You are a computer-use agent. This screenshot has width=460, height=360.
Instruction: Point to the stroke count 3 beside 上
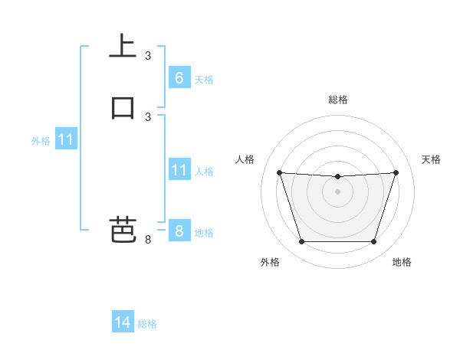tap(148, 56)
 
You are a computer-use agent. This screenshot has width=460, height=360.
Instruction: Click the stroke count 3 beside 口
tap(148, 116)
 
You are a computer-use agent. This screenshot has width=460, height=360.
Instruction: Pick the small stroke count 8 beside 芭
tap(148, 240)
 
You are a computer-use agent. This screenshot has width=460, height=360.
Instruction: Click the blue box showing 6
tap(179, 78)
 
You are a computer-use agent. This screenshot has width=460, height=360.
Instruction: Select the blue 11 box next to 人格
tap(179, 170)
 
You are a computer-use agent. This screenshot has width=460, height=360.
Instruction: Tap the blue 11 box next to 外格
tap(66, 140)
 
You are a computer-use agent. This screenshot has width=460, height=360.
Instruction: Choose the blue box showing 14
tap(123, 322)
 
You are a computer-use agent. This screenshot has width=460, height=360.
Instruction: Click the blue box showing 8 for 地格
tap(179, 231)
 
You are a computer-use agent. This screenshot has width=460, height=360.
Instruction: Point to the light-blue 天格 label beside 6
tap(204, 80)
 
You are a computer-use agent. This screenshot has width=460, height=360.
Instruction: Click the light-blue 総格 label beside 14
tap(147, 324)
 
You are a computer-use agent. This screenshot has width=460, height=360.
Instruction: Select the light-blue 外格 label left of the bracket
tap(41, 141)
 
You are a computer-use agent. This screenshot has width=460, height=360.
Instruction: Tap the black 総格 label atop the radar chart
tap(338, 100)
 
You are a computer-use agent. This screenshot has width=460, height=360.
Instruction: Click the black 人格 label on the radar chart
tap(245, 159)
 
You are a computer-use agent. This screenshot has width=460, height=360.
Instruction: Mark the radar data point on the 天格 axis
tap(396, 172)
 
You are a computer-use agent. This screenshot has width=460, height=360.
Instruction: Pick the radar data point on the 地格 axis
tap(373, 242)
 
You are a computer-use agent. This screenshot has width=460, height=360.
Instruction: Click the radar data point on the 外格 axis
tap(301, 242)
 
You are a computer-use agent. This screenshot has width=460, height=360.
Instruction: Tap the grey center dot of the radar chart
tap(337, 191)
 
